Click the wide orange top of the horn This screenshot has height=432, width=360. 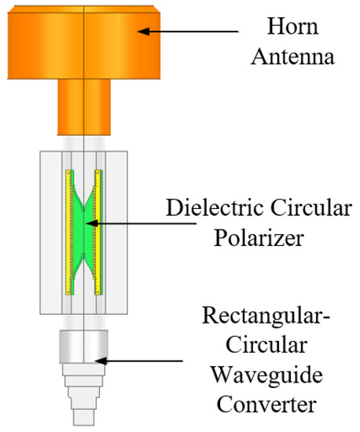(84, 39)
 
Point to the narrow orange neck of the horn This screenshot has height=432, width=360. (84, 105)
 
